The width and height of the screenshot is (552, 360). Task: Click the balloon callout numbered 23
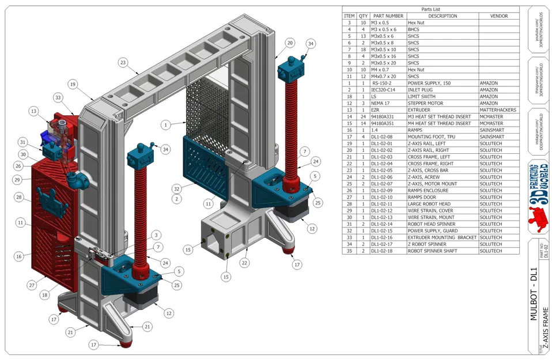pyautogui.click(x=123, y=62)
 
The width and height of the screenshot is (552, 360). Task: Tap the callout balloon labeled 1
pyautogui.click(x=165, y=124)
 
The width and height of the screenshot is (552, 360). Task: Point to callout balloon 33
pyautogui.click(x=58, y=97)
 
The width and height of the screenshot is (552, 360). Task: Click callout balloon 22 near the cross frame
pyautogui.click(x=245, y=263)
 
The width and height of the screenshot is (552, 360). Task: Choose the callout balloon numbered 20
pyautogui.click(x=290, y=43)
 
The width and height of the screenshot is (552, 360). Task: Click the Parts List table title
pyautogui.click(x=430, y=9)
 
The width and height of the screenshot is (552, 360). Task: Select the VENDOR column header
pyautogui.click(x=498, y=16)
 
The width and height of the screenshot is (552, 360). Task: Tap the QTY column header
pyautogui.click(x=363, y=16)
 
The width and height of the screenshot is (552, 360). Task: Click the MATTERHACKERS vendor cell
pyautogui.click(x=498, y=110)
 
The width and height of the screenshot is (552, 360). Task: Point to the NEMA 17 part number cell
pyautogui.click(x=388, y=103)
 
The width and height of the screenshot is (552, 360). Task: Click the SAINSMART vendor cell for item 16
pyautogui.click(x=498, y=130)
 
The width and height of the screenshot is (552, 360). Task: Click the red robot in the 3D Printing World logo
pyautogui.click(x=540, y=218)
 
